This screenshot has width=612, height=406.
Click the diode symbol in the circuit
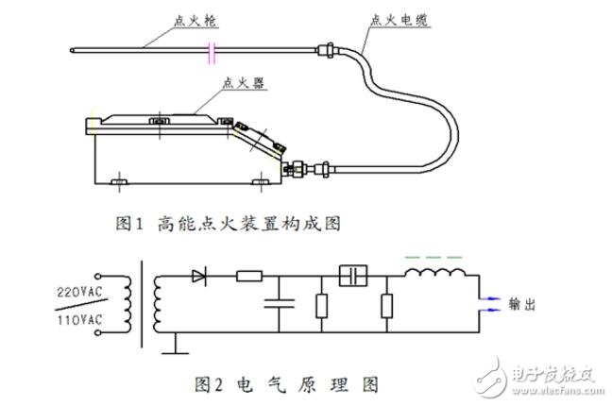click(x=199, y=277)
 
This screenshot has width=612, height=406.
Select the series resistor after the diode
click(x=249, y=277)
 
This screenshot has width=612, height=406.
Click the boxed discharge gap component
click(x=353, y=277)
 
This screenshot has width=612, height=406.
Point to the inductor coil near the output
click(x=435, y=275)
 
